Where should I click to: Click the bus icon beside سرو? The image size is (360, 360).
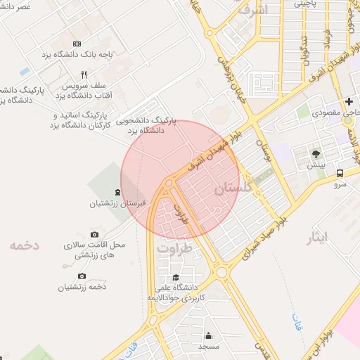(x=340, y=173)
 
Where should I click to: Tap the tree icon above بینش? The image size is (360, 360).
(x=316, y=153)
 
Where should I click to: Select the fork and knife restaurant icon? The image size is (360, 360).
(x=84, y=75)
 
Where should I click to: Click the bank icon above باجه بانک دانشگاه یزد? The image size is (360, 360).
(x=77, y=44)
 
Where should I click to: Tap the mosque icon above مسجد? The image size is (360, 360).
(x=209, y=335)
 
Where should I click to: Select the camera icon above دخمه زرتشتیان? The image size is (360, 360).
(x=82, y=276)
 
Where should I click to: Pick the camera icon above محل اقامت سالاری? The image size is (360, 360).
(x=95, y=234)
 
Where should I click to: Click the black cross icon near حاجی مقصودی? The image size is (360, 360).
(x=349, y=101)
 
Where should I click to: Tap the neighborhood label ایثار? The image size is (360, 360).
(x=318, y=238)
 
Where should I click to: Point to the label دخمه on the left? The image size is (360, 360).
(x=24, y=245)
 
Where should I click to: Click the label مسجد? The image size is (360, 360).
(x=209, y=347)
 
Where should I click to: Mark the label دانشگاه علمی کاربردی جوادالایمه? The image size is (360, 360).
(x=175, y=293)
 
